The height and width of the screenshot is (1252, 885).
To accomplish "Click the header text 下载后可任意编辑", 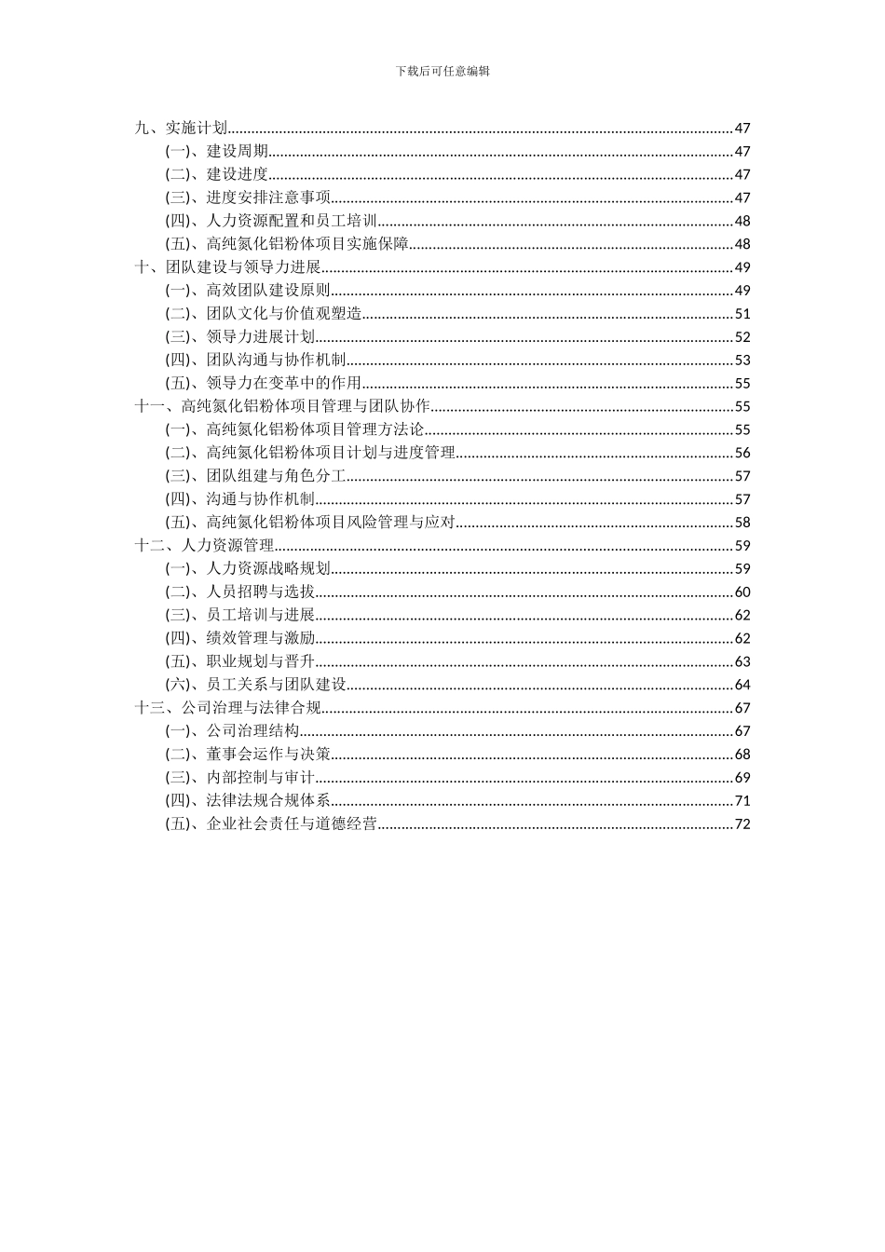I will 442,71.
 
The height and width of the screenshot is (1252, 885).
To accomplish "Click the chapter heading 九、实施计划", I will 182,129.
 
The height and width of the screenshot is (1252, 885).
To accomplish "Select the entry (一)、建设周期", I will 217,152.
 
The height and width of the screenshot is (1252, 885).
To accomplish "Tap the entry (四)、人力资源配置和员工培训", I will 271,221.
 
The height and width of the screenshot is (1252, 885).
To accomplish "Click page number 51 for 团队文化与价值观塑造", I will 742,314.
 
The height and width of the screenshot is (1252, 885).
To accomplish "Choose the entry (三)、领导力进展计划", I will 240,337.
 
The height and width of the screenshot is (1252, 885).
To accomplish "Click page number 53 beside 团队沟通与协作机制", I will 742,361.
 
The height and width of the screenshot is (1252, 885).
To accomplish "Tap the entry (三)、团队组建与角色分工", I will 255,476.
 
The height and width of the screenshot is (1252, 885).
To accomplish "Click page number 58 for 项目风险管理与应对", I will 742,523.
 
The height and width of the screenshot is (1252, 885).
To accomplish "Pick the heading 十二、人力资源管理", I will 205,546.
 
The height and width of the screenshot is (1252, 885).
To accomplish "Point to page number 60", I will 742,592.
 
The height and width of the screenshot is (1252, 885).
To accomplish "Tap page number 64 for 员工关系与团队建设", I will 742,685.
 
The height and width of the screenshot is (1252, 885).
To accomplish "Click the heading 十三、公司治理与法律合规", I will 228,708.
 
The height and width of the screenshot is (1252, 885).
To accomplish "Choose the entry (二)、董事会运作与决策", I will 248,755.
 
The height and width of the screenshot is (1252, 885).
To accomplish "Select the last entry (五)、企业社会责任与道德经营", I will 271,823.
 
